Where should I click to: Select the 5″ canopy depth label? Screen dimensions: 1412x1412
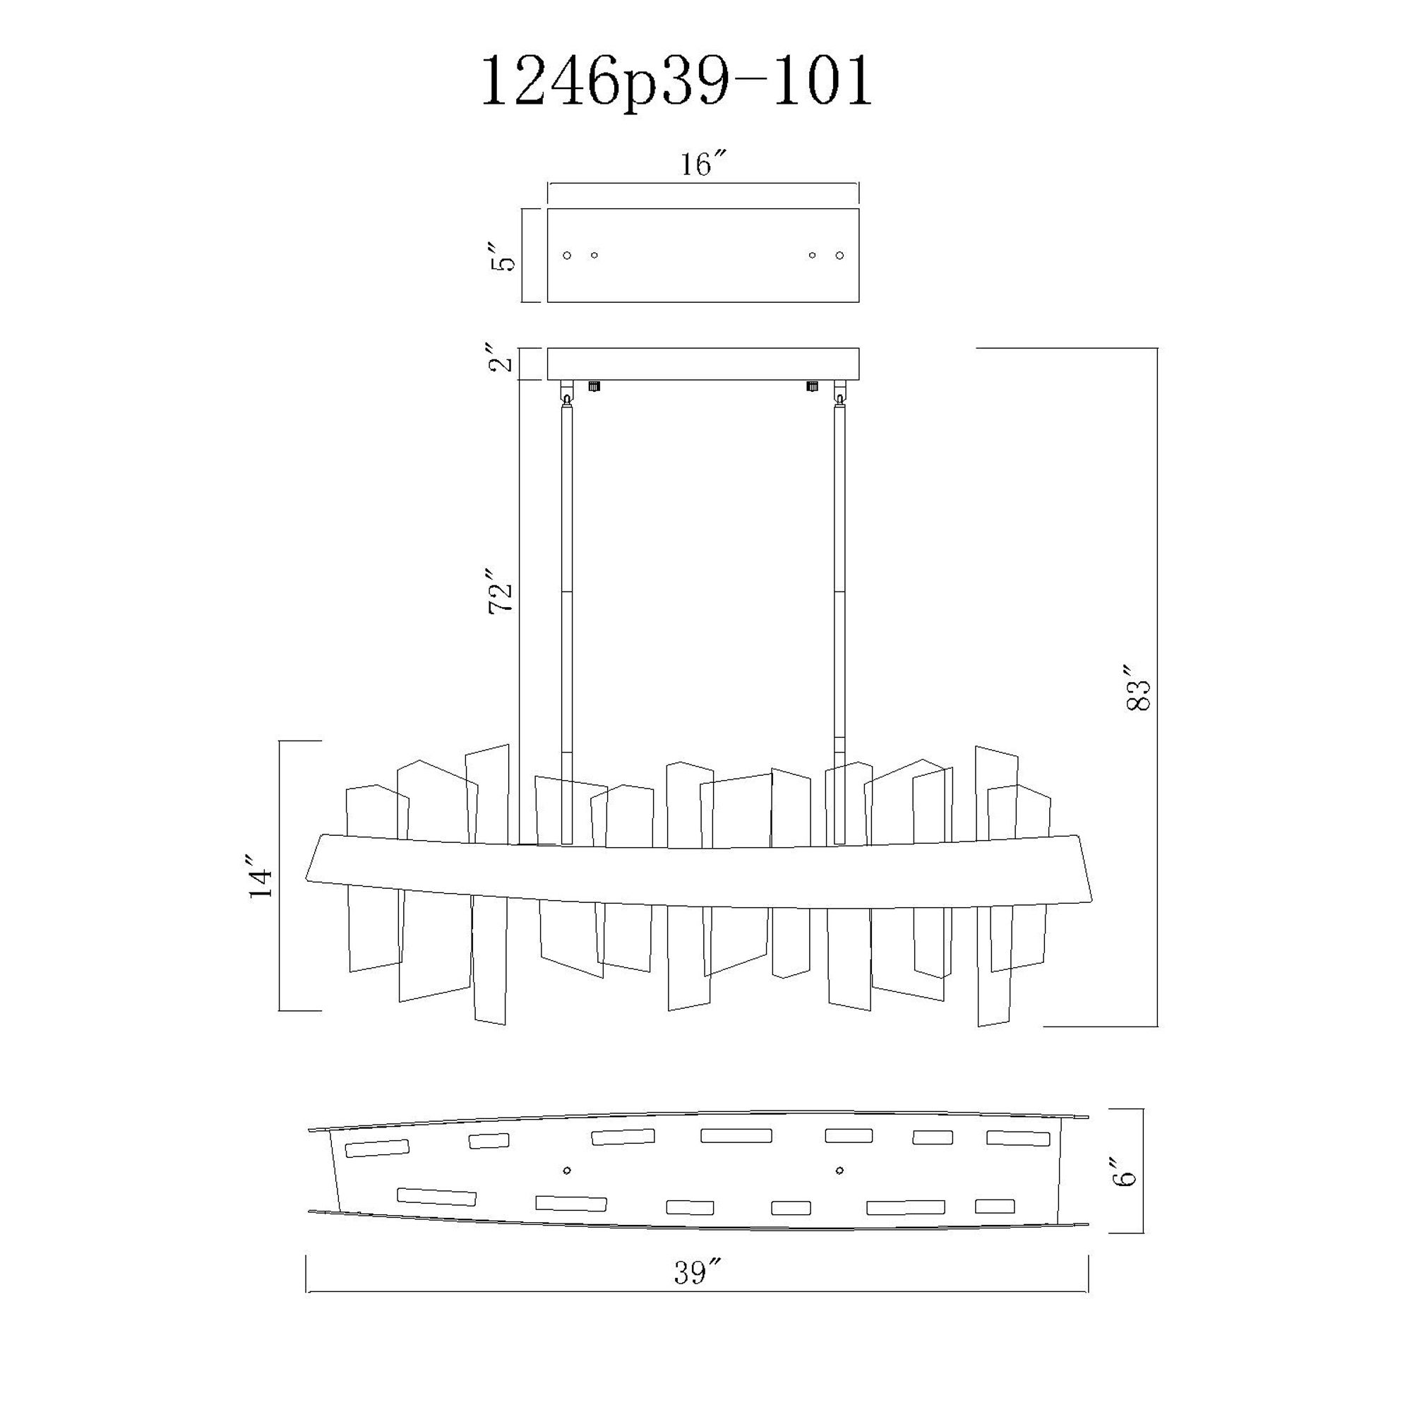point(503,255)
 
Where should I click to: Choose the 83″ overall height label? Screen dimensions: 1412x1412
point(1139,688)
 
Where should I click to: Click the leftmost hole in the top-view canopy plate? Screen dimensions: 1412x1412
point(566,255)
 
